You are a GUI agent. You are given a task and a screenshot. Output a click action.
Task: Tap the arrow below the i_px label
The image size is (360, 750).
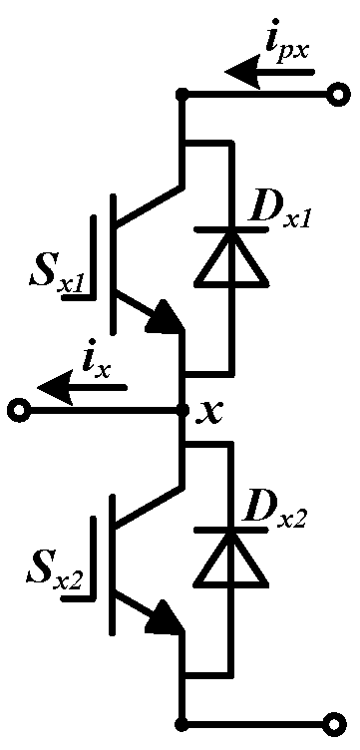[x=269, y=72]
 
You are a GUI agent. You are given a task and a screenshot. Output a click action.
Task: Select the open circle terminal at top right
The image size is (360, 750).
[x=340, y=95]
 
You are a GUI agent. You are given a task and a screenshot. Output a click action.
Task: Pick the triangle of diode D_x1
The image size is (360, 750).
[x=231, y=259]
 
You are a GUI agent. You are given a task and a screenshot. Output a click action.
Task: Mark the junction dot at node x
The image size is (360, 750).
[x=182, y=409]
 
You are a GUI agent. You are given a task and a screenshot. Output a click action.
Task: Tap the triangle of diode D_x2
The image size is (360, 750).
[x=231, y=560]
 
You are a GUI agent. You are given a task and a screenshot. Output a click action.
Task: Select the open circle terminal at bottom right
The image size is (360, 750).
[x=340, y=720]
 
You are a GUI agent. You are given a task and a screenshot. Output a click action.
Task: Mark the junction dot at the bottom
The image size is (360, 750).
[x=182, y=720]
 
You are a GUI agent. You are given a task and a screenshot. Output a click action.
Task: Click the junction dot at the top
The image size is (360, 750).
[x=182, y=95]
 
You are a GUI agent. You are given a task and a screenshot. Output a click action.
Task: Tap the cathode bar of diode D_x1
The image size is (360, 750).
[x=231, y=232]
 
